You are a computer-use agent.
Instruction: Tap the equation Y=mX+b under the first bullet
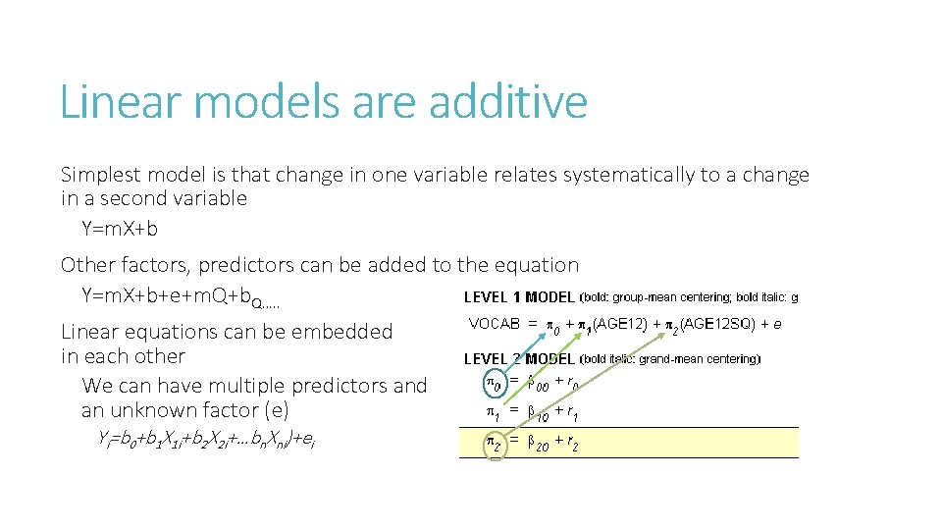point(120,229)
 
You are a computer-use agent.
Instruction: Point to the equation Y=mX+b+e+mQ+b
point(173,295)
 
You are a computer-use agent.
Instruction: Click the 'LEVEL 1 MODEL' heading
point(518,297)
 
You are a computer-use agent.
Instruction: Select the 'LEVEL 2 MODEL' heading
point(518,359)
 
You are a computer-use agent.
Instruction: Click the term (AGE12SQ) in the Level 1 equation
point(722,323)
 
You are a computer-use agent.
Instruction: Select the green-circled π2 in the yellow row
point(495,444)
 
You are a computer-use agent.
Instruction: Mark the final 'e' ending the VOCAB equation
point(777,323)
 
